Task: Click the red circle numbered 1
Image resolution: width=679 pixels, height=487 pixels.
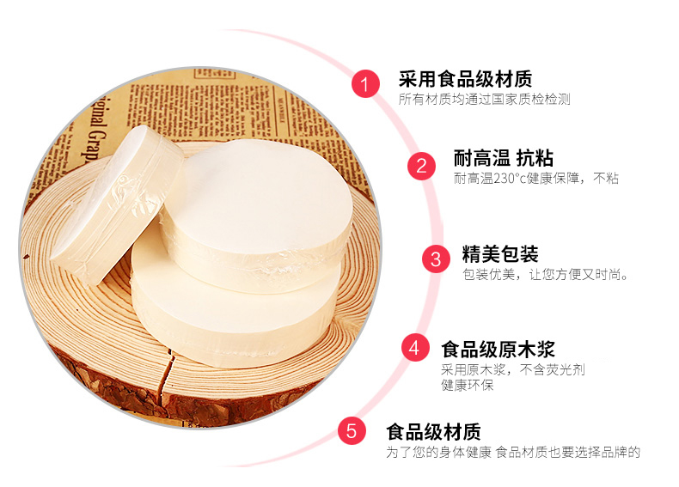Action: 366,83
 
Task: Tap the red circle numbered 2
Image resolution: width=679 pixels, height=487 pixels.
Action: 421,166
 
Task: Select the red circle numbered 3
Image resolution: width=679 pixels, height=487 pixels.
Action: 436,259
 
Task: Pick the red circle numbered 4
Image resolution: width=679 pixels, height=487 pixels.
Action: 415,347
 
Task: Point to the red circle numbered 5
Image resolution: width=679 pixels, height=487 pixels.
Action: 352,430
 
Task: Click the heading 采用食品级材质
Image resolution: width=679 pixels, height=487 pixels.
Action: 465,79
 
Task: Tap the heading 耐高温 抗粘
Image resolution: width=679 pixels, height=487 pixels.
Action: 503,158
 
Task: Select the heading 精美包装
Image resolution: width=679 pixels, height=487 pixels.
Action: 500,254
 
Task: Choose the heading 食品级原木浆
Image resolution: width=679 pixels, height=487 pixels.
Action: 498,349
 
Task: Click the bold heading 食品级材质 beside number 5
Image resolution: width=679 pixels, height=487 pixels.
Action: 433,431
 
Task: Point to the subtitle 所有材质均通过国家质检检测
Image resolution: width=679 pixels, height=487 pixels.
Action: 484,100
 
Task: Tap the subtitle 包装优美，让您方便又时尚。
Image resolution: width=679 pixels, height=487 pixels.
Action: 546,274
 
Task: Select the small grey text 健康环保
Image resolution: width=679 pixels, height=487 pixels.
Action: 468,385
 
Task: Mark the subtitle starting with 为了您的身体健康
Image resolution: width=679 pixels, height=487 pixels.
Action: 513,453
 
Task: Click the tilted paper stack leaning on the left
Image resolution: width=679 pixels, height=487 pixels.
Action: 117,204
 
